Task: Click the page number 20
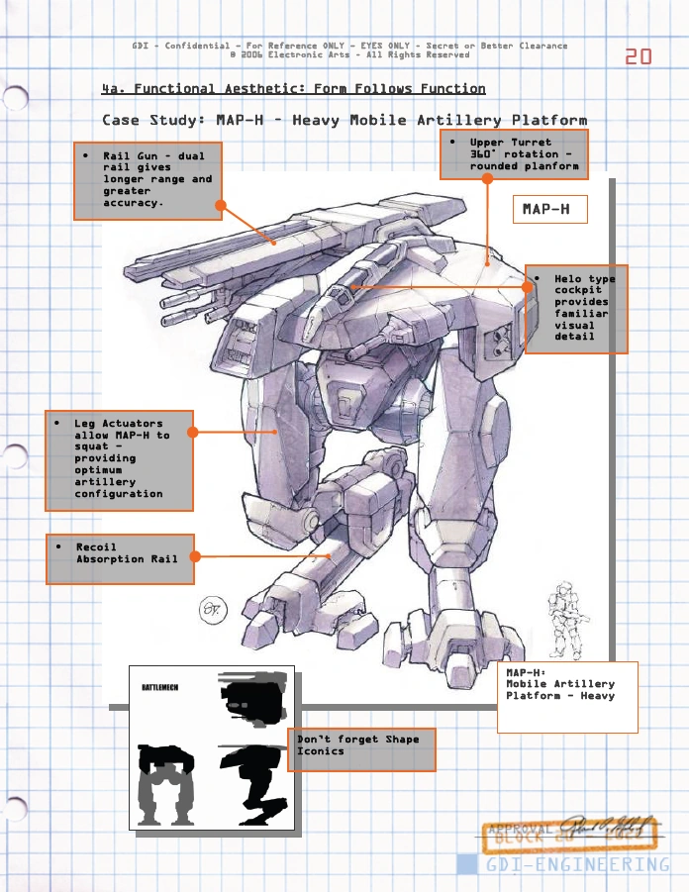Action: pos(638,56)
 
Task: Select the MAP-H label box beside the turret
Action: pos(549,210)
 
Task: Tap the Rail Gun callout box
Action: pos(148,180)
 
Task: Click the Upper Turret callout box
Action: pos(514,154)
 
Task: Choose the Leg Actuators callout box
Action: pos(120,459)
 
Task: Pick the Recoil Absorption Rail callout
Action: pos(120,558)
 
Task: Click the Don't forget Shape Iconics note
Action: pos(365,749)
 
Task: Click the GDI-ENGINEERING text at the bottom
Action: pos(578,864)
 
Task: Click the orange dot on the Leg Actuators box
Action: pos(193,433)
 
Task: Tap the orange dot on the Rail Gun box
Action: pos(221,206)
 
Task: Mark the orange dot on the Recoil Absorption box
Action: pos(194,557)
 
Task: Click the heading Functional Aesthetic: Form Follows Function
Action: pos(294,89)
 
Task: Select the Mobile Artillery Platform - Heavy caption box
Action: pos(566,696)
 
